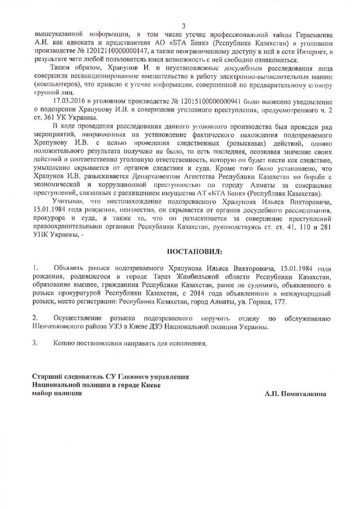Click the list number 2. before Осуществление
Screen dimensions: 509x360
pyautogui.click(x=35, y=317)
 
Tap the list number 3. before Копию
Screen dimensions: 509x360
pyautogui.click(x=35, y=342)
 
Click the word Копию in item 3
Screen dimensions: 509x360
pyautogui.click(x=65, y=342)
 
